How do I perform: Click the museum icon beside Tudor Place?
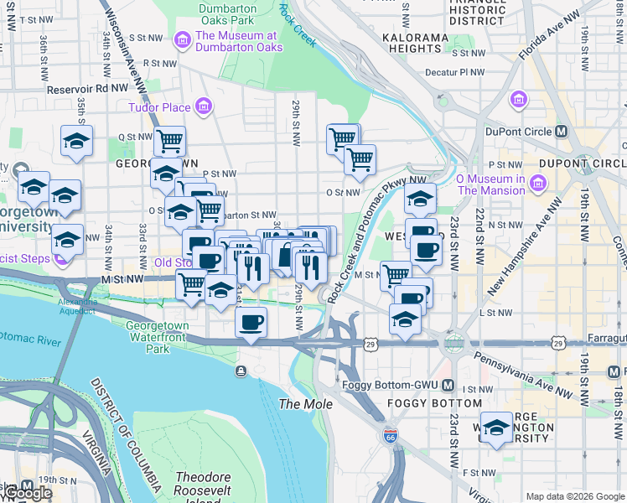click(203, 106)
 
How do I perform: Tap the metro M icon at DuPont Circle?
click(562, 132)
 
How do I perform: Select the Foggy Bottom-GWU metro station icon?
click(448, 386)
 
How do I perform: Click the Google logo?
click(27, 493)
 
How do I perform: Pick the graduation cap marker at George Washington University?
click(496, 428)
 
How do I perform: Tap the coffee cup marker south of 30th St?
click(251, 321)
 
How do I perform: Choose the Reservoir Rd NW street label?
click(87, 87)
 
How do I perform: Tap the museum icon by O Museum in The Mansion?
click(537, 184)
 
